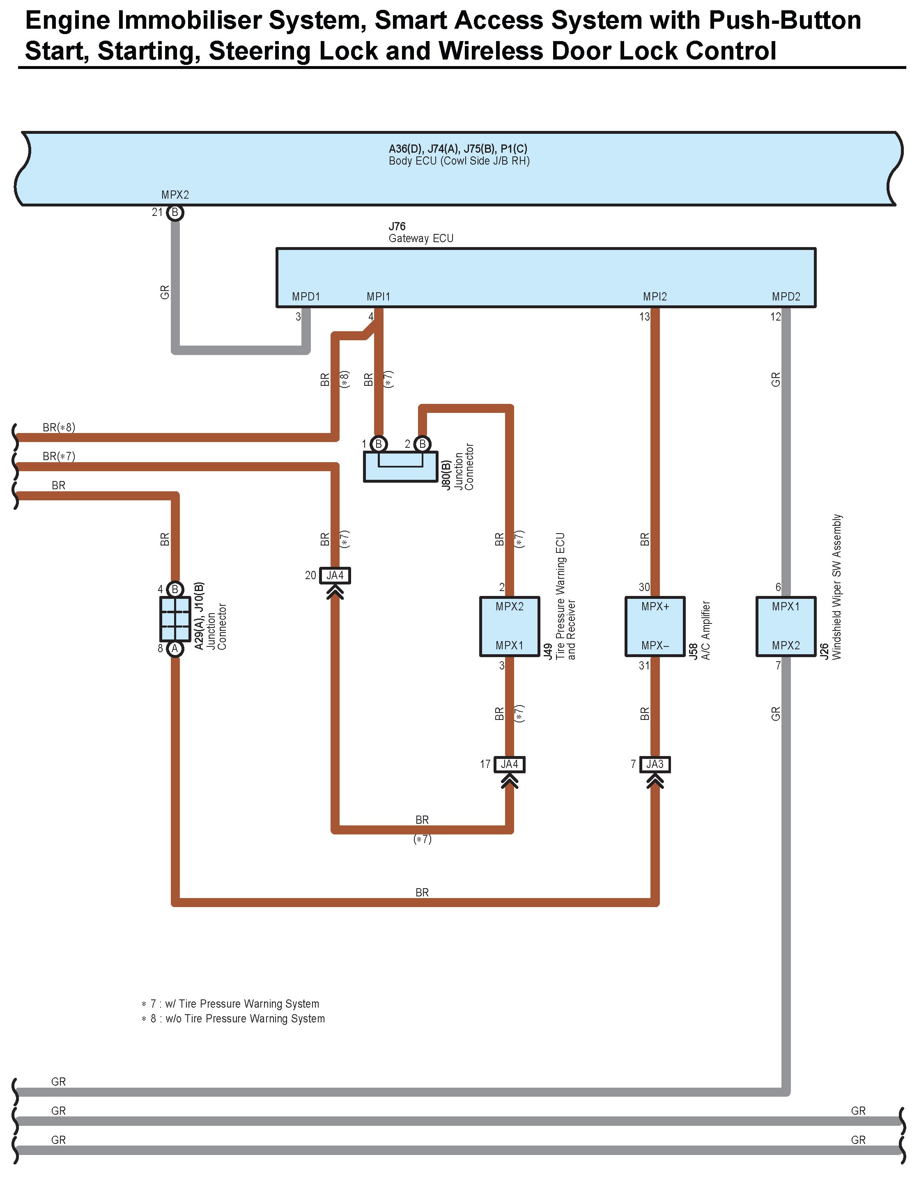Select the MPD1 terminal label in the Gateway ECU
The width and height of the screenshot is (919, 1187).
(x=306, y=297)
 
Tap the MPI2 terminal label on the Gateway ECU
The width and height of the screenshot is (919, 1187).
(x=655, y=297)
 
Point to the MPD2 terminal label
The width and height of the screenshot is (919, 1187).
(x=786, y=297)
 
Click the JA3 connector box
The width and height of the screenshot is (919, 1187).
(x=655, y=764)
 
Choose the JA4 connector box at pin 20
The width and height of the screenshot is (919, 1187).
(x=335, y=575)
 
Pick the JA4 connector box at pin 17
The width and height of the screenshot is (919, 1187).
(x=510, y=764)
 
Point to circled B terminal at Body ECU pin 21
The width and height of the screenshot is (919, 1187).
(x=175, y=213)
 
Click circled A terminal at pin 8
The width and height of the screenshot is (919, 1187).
(x=175, y=648)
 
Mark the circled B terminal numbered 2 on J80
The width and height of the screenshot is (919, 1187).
(x=423, y=444)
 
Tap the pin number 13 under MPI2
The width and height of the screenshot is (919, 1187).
(x=644, y=316)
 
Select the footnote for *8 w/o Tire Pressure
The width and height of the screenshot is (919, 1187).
(x=233, y=1019)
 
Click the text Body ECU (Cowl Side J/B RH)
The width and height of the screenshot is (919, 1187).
(x=459, y=161)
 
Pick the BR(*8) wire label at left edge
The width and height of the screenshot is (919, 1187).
(x=59, y=427)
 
